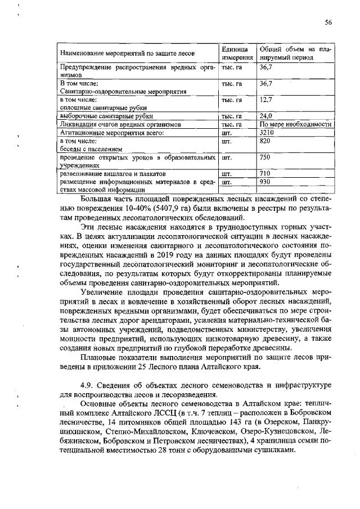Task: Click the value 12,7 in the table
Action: pos(266,100)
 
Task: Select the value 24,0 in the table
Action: pos(266,116)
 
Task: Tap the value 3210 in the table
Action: pos(267,132)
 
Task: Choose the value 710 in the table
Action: pos(265,173)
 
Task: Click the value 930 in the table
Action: pos(265,182)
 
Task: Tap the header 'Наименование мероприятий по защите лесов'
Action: pos(128,54)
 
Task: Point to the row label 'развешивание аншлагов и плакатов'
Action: pos(113,173)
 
